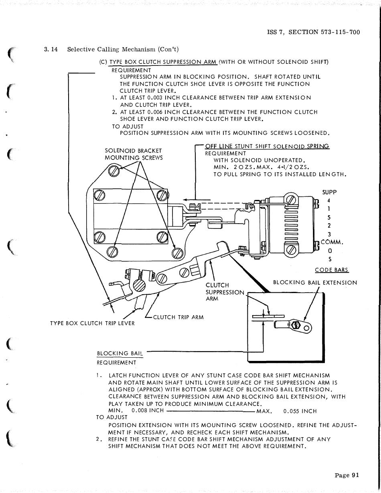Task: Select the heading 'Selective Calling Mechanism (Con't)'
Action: [123, 49]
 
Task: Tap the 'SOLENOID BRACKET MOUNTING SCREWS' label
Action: [134, 154]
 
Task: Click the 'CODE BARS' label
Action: [332, 270]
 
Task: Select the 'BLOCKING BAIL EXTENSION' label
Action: [315, 283]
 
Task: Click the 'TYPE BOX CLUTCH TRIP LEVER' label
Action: [92, 323]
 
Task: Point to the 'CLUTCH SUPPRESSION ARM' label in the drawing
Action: [225, 292]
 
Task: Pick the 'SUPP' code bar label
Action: [329, 192]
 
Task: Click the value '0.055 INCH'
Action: [300, 411]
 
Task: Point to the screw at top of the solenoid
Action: [292, 200]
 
